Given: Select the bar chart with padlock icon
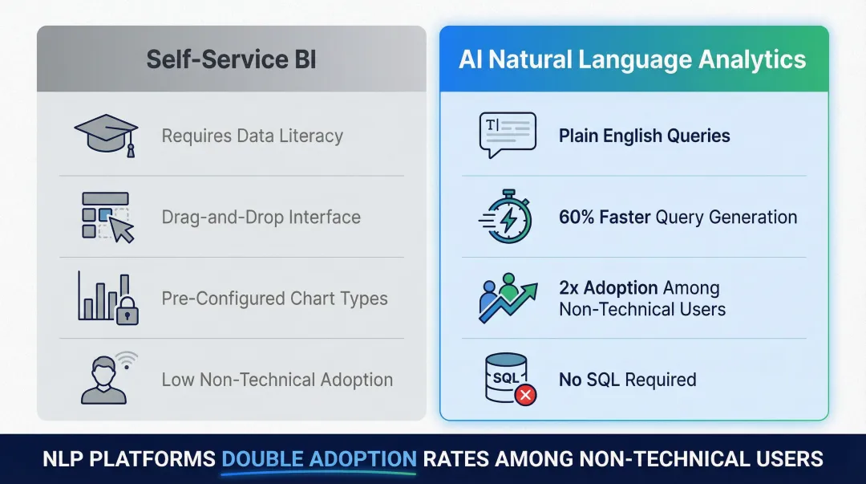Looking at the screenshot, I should coord(107,298).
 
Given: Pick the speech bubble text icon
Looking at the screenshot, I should coord(507,135).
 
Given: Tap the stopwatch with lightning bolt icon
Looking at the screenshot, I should coord(506,217).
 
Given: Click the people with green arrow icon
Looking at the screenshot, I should coord(507,298).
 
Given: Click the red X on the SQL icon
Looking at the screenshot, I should coord(525,394).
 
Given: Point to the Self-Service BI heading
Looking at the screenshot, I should coord(231,59).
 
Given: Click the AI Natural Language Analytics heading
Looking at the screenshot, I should coord(633,59).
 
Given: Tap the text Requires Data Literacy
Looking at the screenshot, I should coord(252,136).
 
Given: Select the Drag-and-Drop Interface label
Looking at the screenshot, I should coord(261,217).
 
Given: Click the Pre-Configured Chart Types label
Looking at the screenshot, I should coord(274,299).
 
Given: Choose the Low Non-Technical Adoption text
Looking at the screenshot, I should coord(277,380).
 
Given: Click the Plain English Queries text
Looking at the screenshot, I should coord(644,136).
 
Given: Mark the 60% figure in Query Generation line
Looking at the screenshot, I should coord(577,217).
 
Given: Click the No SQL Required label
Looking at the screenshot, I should coord(627,380).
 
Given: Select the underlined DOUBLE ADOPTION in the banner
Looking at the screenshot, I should coord(318,459).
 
